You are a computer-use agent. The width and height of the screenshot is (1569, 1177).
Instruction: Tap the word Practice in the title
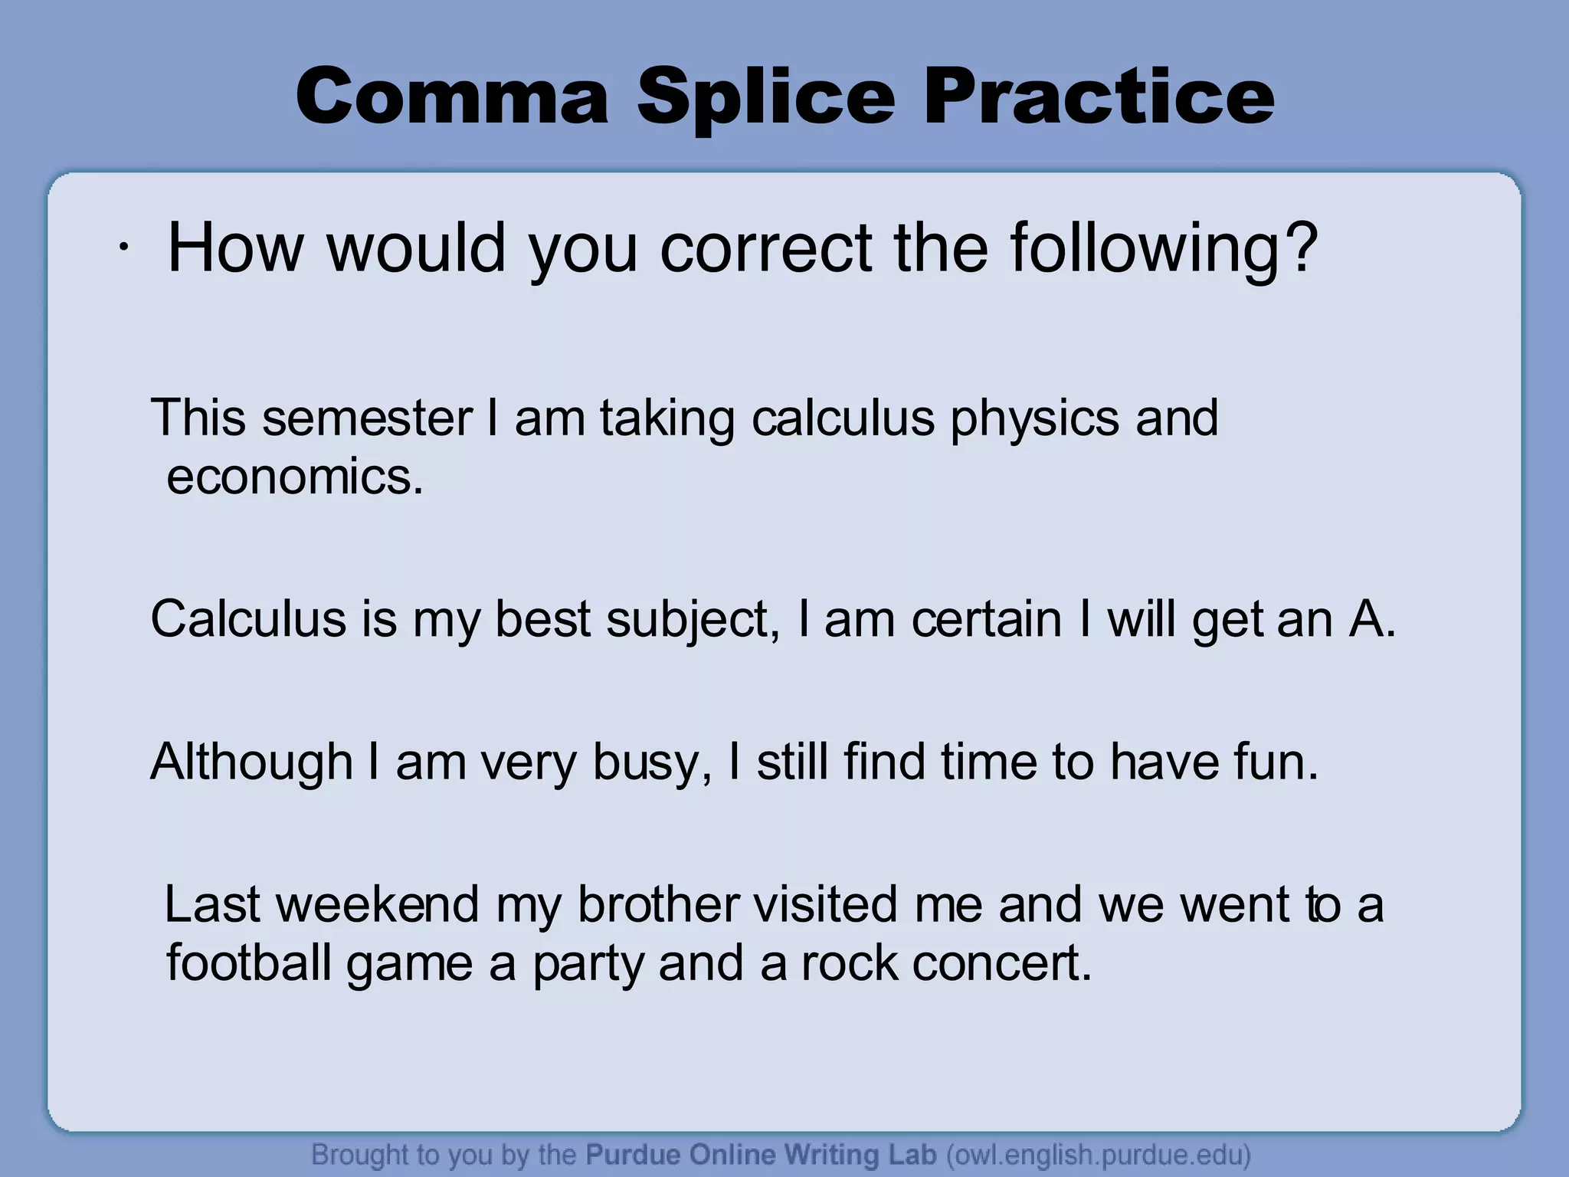(1099, 97)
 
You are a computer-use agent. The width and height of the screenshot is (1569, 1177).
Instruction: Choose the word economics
(294, 477)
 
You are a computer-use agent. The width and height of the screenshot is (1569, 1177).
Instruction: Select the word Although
(251, 762)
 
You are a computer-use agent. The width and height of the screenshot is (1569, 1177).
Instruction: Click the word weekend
(377, 904)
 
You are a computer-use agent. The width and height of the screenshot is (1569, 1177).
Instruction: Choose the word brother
(658, 904)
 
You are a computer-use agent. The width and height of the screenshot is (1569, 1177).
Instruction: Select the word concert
(996, 963)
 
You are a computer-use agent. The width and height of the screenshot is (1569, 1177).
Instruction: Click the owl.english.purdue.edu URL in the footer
(1099, 1154)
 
